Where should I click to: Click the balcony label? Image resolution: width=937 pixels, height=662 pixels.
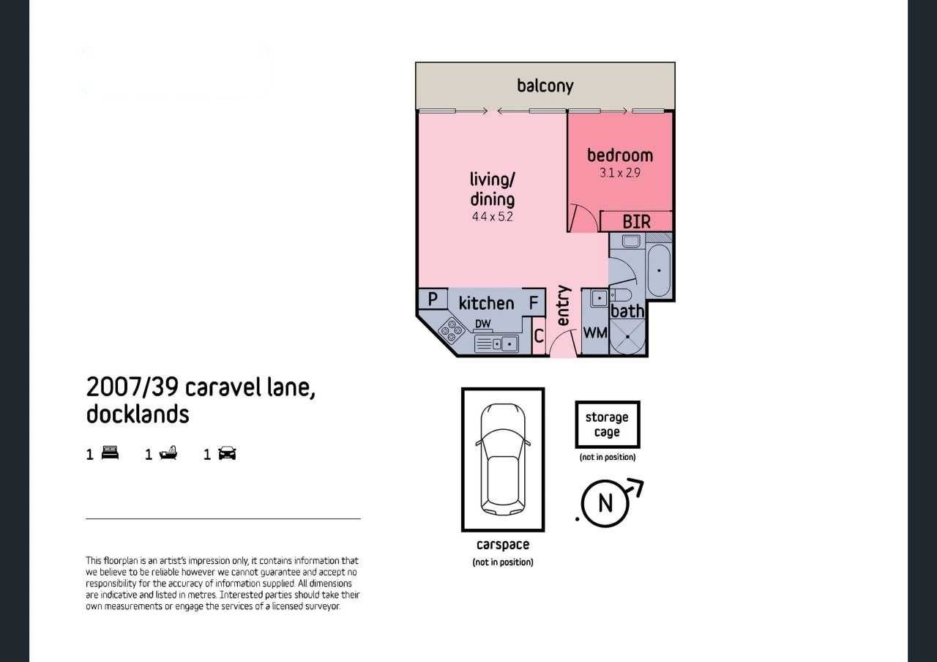545,86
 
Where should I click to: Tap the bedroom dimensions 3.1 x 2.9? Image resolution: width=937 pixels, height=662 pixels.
619,173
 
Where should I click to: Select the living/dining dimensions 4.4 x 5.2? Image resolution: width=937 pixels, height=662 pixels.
493,217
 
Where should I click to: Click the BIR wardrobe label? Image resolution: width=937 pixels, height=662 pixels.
636,222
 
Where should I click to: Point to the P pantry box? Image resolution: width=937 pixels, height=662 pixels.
433,299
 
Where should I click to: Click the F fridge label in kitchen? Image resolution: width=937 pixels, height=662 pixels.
534,302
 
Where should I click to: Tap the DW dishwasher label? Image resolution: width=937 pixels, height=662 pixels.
482,324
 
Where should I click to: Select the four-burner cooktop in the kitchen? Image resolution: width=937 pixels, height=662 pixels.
452,330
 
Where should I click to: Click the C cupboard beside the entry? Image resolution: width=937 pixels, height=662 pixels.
539,335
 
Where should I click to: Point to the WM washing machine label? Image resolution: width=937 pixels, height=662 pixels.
595,333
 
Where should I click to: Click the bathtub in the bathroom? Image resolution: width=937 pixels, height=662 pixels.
659,270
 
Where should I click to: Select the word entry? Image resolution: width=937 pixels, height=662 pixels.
564,305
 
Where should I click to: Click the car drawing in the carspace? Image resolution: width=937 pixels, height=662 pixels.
502,459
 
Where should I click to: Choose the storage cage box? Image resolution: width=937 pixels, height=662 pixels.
608,424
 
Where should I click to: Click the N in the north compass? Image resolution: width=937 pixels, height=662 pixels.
605,503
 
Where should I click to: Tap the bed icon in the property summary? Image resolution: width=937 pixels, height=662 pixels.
110,453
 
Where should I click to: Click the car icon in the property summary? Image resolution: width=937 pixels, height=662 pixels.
227,453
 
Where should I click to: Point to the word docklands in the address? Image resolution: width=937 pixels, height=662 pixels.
138,414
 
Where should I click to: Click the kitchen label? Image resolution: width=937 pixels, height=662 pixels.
487,303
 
